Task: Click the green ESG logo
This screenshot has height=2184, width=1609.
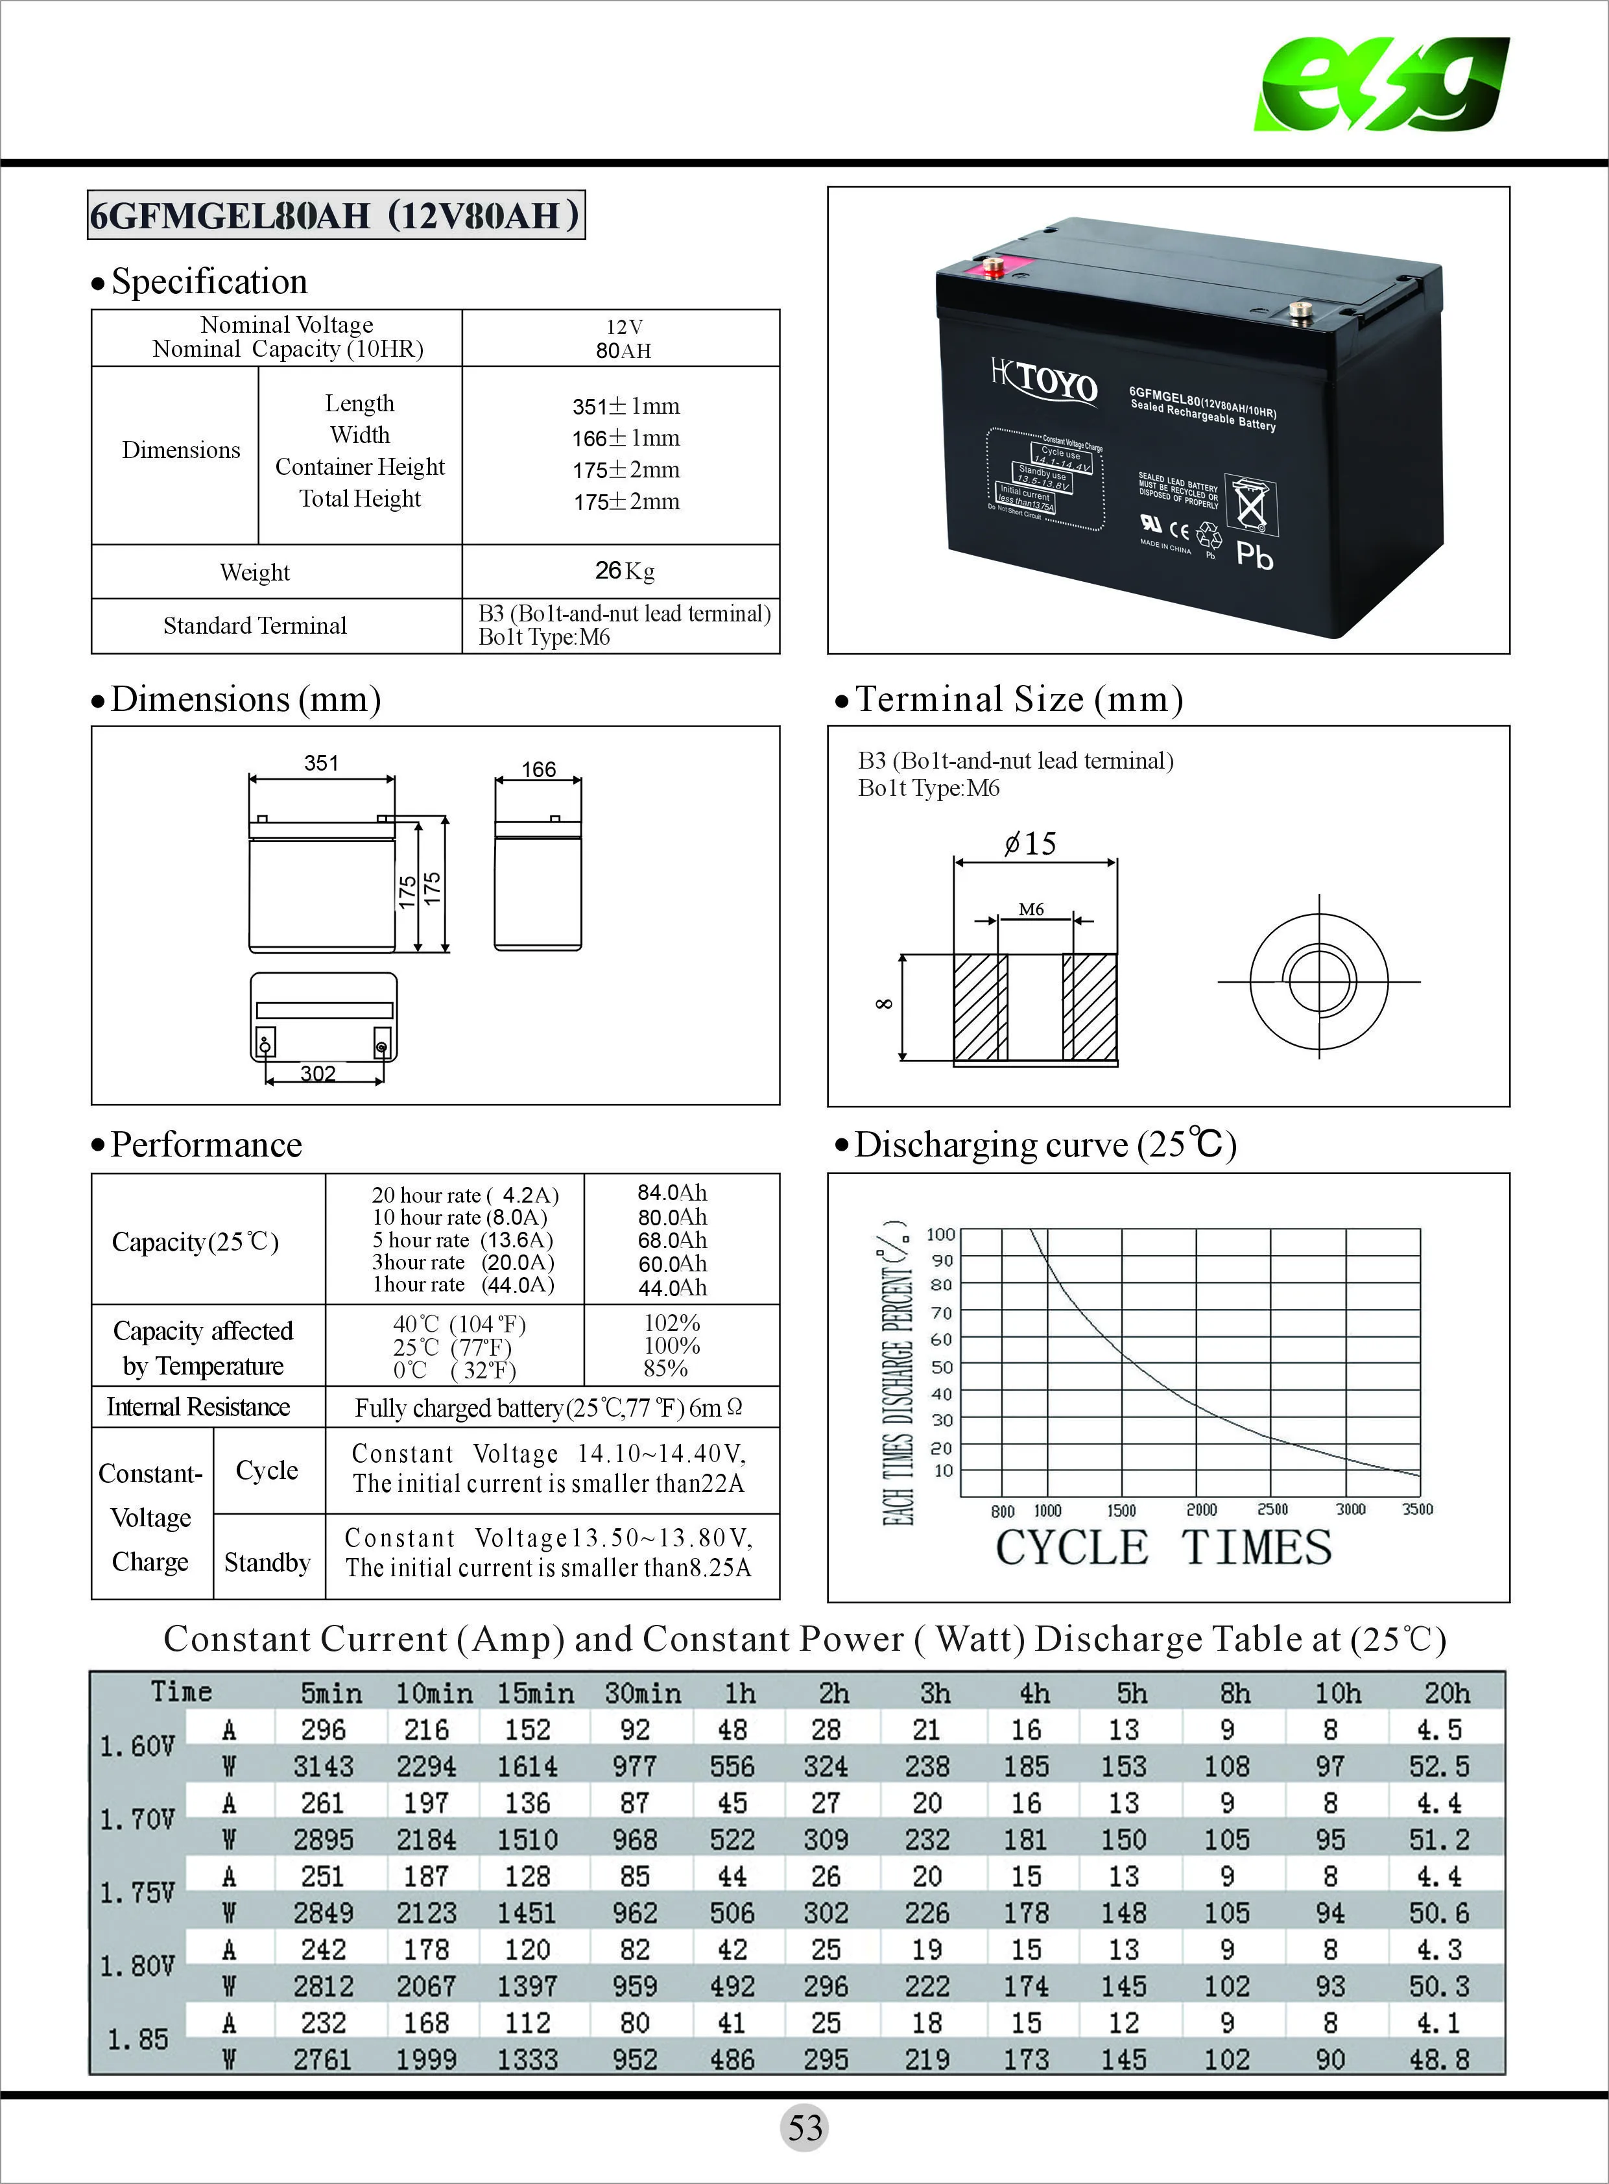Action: [x=1382, y=85]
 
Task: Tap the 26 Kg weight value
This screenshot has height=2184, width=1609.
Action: [x=625, y=571]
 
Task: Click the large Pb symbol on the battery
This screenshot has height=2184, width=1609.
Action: [x=1254, y=555]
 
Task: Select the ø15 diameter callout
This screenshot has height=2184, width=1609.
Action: [x=1031, y=844]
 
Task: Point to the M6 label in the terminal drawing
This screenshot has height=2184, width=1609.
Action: [x=1031, y=909]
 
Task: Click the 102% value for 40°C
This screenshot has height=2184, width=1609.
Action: [x=672, y=1323]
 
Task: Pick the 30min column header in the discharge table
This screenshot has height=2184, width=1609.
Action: [x=642, y=1693]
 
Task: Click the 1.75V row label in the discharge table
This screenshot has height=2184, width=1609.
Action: [x=137, y=1893]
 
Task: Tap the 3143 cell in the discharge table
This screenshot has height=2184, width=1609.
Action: [x=324, y=1766]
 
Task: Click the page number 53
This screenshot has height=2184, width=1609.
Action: [x=804, y=2128]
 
